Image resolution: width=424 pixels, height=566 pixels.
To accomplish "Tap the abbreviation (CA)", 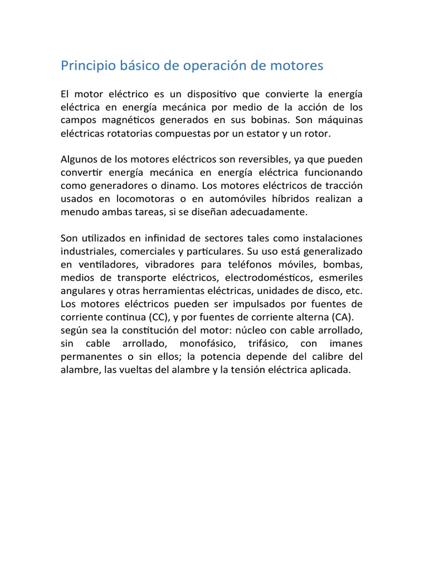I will point(343,317).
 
